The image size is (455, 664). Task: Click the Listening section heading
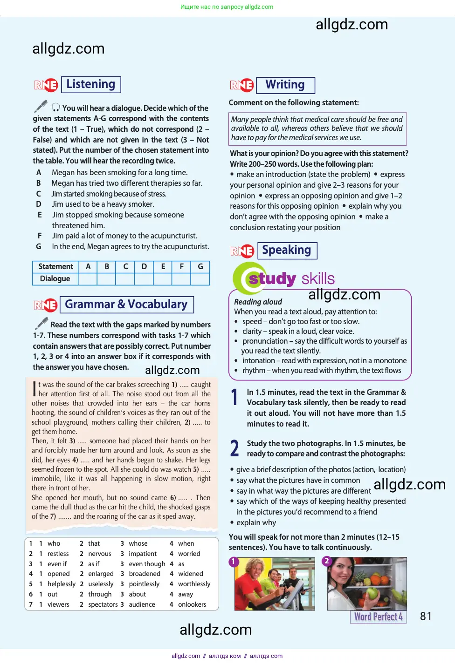[91, 84]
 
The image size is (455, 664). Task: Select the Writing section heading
[285, 85]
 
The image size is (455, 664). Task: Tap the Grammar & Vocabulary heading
[126, 305]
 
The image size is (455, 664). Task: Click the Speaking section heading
[286, 250]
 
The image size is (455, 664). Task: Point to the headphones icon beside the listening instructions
[56, 107]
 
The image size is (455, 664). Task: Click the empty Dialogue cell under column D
[144, 278]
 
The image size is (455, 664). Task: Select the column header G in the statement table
[200, 266]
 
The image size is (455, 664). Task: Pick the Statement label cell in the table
[55, 266]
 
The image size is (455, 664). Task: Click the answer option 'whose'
[138, 543]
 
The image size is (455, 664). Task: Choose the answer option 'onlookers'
[192, 604]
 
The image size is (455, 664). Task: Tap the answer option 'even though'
[147, 564]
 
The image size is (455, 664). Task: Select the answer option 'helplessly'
[61, 584]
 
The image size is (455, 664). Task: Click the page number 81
[426, 617]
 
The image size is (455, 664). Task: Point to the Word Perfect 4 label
[378, 617]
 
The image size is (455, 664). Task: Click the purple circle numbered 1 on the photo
[234, 562]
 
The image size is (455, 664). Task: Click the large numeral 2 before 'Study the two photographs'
[235, 448]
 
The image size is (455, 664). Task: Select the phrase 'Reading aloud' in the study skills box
[258, 302]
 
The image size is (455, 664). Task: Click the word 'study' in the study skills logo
[272, 278]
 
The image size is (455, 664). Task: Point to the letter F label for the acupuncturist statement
[40, 236]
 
